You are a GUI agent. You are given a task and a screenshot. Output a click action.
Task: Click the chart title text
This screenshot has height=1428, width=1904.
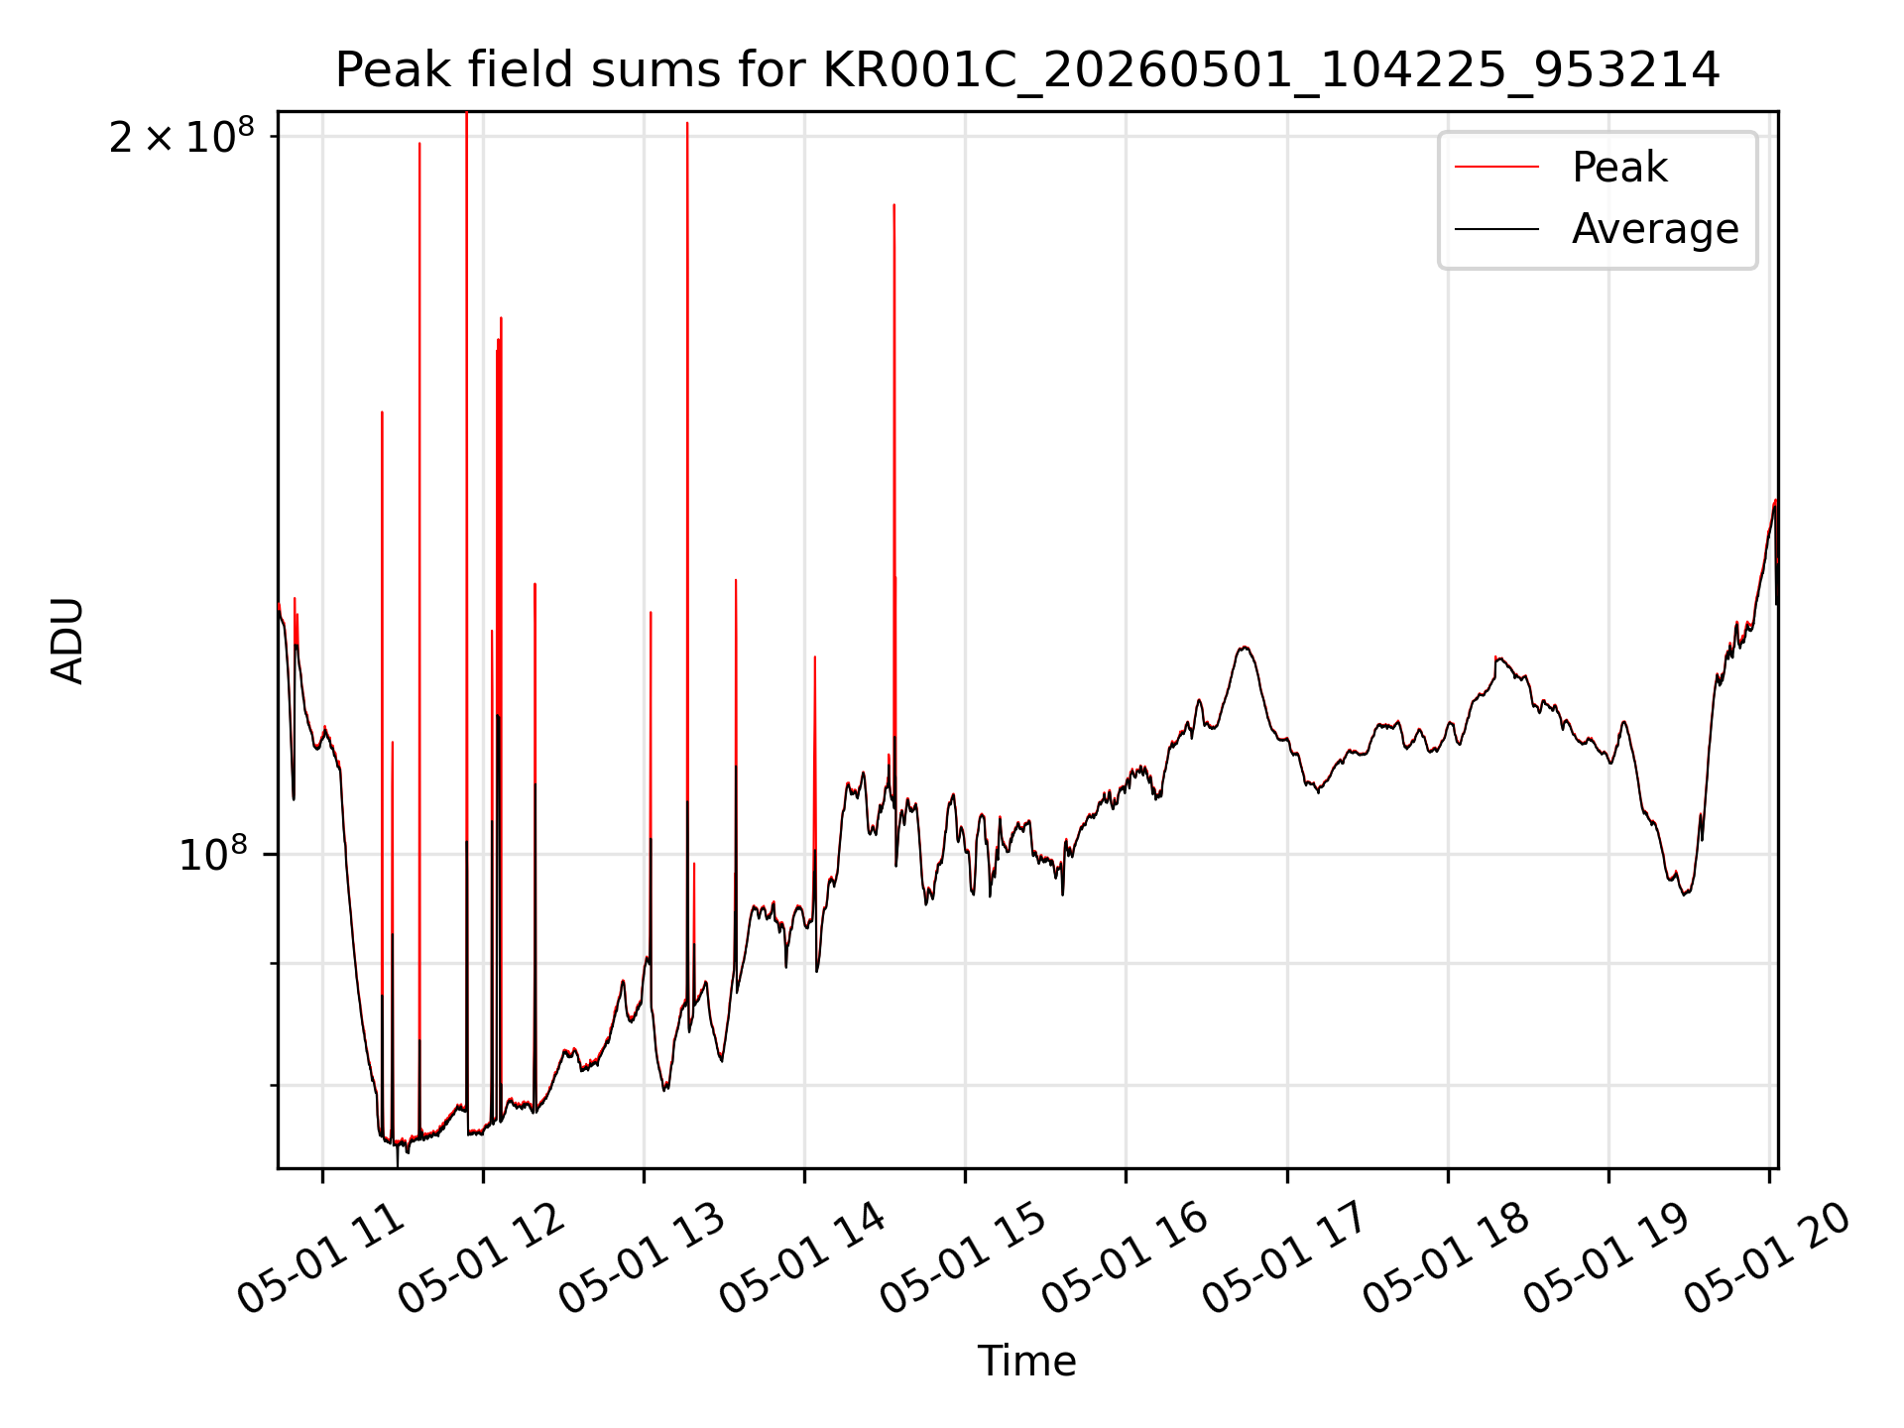(1027, 70)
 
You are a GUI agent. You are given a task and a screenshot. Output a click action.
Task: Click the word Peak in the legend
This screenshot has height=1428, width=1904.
(1619, 168)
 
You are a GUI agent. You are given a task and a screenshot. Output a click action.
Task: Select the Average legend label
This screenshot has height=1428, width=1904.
(1655, 229)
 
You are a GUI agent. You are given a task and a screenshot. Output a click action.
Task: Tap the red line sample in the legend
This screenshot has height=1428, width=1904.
(1496, 168)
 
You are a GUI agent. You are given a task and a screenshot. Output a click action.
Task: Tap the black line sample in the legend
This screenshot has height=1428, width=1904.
(1496, 229)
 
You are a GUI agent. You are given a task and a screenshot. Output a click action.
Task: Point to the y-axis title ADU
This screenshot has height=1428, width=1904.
(67, 641)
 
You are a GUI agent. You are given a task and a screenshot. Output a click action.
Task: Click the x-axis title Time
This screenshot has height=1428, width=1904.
(1026, 1362)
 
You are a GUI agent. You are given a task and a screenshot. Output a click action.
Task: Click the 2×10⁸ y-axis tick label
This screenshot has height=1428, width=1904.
(181, 137)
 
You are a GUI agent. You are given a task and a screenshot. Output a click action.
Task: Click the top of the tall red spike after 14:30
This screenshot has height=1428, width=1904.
(893, 205)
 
